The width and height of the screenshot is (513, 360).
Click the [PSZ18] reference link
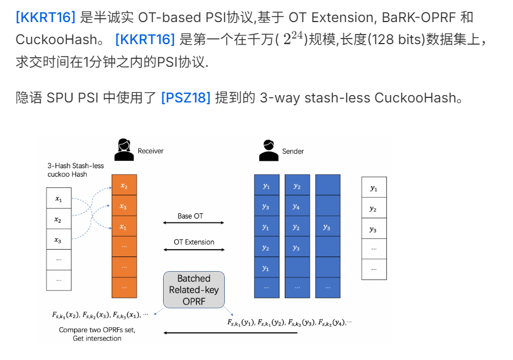click(x=186, y=97)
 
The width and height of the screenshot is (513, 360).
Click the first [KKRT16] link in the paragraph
click(x=45, y=17)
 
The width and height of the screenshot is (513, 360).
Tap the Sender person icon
click(x=268, y=150)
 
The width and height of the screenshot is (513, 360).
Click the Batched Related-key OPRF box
click(x=194, y=290)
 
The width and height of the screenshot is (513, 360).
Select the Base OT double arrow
click(x=193, y=223)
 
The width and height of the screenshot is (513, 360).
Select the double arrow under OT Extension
click(x=193, y=249)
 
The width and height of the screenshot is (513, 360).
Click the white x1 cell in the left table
click(x=58, y=199)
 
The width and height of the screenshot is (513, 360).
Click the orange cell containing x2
click(x=124, y=185)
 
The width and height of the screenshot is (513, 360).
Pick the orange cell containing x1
click(x=124, y=226)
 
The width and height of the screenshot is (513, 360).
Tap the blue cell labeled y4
click(x=297, y=206)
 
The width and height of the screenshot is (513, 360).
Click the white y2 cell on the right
click(x=373, y=208)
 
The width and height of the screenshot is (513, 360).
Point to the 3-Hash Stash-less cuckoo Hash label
click(x=76, y=170)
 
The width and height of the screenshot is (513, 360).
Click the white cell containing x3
click(x=58, y=240)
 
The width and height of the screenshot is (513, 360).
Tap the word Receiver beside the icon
click(x=151, y=151)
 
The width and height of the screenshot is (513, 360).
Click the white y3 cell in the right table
click(x=373, y=229)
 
